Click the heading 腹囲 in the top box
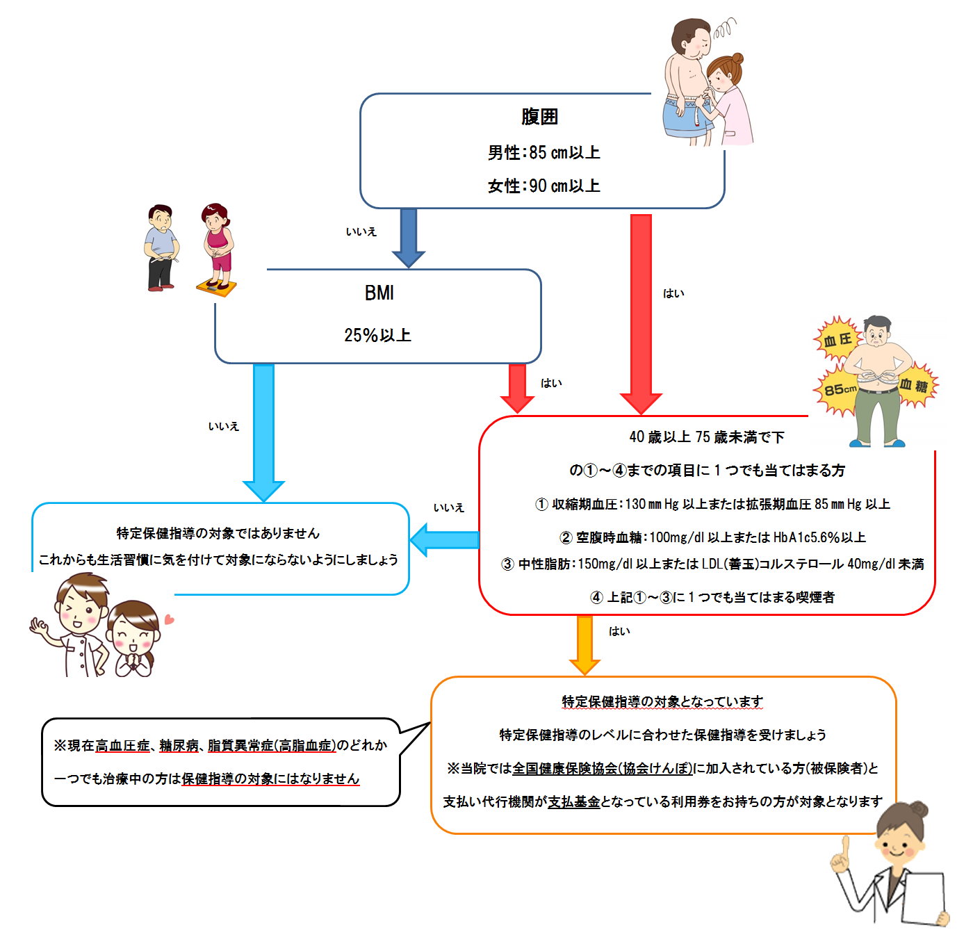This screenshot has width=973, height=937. point(539,117)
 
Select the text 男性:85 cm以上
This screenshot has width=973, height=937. point(543,152)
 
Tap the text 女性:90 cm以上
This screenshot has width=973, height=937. point(543,186)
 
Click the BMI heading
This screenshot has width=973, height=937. point(379,293)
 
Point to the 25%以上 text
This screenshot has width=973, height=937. point(377,335)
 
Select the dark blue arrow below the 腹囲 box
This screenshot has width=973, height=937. point(409,236)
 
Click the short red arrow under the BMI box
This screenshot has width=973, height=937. point(517,386)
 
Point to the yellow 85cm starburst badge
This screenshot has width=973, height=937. point(839,390)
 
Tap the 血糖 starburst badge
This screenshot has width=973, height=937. point(915,386)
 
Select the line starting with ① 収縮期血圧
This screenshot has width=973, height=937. point(712,504)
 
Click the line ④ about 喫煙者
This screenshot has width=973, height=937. point(712,597)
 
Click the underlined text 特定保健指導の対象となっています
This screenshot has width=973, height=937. point(662,701)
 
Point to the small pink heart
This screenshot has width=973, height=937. point(169,619)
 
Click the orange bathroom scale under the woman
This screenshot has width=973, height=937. point(215,287)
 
